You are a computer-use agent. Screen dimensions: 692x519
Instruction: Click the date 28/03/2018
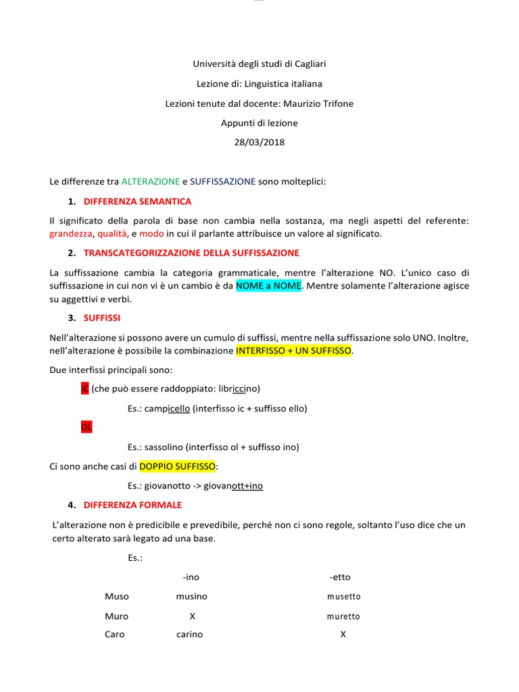coord(259,143)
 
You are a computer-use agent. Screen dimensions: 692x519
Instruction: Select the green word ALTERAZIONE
coord(151,182)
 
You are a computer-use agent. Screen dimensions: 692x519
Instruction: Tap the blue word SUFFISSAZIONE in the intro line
coord(223,182)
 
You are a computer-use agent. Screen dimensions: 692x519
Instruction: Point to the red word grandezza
coord(71,234)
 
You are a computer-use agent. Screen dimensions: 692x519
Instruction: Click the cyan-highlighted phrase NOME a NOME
coord(268,286)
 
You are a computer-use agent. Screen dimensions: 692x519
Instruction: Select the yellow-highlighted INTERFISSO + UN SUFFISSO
coord(294,351)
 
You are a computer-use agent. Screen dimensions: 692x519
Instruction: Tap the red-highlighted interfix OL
coord(86,428)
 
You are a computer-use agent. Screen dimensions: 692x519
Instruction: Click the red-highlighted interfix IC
coord(84,389)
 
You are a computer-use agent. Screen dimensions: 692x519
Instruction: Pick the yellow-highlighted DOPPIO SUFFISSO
coord(177,466)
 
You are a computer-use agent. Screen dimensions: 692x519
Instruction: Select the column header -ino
coord(191,577)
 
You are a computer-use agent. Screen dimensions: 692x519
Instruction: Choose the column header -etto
coord(341,577)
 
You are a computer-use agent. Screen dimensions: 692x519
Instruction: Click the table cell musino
coord(192,597)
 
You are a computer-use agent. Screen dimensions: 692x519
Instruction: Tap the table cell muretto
coord(344,616)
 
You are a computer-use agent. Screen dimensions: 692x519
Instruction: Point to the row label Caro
coord(115,635)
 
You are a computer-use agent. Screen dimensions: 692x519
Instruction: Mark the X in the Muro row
coord(192,616)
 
